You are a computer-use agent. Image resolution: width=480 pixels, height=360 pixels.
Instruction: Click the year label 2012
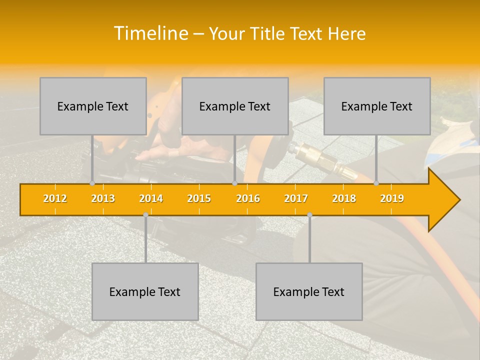coord(55,198)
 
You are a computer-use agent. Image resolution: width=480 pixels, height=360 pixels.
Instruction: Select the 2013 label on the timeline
coord(103,198)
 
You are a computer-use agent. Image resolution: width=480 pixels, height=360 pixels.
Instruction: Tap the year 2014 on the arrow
coord(151,198)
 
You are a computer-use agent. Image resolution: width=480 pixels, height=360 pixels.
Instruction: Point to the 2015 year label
coord(199,198)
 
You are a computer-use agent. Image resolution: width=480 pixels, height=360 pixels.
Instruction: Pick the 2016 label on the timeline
coord(248,198)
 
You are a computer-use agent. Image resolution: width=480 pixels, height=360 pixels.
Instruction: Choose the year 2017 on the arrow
coord(296,198)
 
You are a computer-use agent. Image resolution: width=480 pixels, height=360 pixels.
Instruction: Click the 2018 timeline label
coord(344,198)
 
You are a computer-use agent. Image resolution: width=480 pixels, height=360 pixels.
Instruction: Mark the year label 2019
coord(392,198)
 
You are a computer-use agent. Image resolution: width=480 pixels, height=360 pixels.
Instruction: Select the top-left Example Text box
coord(93,106)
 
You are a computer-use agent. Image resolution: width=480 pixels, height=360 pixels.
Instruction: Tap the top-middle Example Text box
coord(235,106)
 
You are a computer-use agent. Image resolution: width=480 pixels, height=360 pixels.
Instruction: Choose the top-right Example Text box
coord(377,106)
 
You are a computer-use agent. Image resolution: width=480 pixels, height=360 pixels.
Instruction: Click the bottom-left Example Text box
coord(145,291)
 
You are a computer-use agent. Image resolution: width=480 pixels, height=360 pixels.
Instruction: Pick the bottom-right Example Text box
coord(309,291)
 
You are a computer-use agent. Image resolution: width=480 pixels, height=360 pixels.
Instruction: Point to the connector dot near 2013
coord(92,183)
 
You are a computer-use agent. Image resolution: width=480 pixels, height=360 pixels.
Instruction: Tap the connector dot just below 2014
coord(145,215)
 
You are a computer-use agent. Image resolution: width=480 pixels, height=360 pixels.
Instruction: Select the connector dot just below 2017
coord(309,215)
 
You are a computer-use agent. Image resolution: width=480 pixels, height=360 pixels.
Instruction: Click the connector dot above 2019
coord(376,183)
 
